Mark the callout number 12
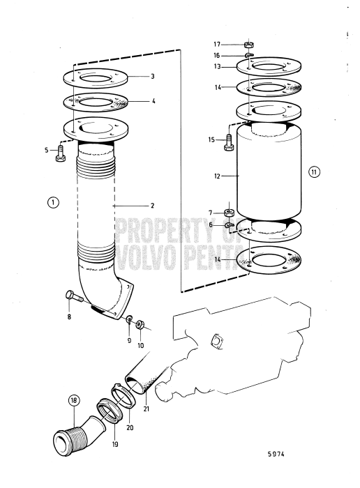click(218, 176)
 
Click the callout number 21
click(147, 408)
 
